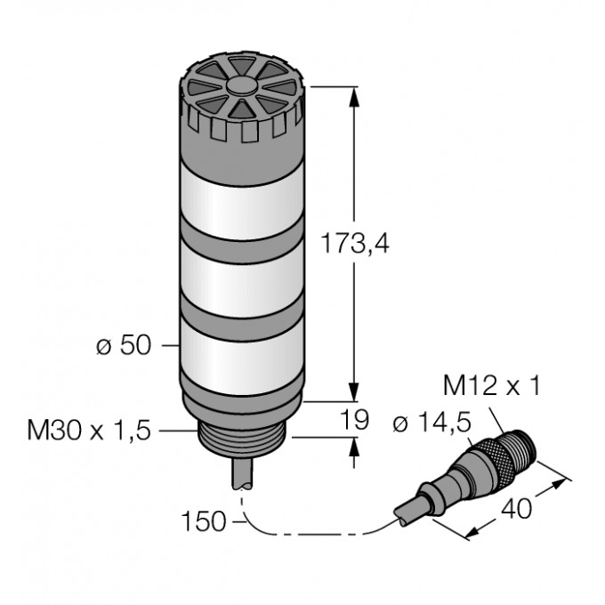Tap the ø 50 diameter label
click(x=124, y=345)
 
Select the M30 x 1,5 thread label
click(x=89, y=431)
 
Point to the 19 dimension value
click(x=355, y=419)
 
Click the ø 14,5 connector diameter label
click(x=432, y=423)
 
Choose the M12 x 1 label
click(x=492, y=385)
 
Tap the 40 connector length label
click(x=516, y=509)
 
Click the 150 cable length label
click(x=204, y=521)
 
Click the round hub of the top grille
click(x=242, y=86)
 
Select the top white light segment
click(x=242, y=201)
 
